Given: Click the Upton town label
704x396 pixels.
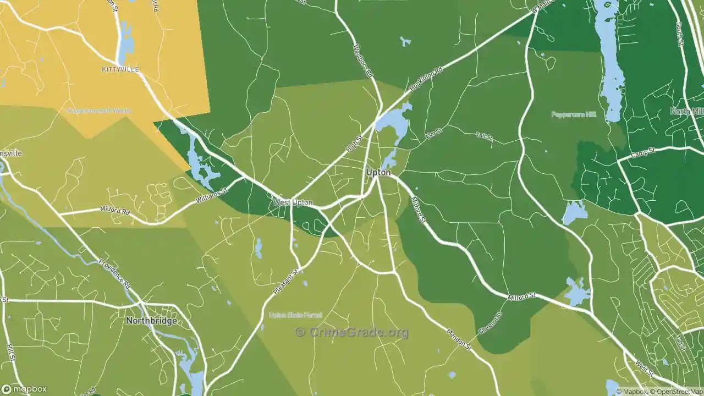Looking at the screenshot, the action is [378, 173].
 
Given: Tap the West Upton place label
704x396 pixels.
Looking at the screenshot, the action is [293, 203].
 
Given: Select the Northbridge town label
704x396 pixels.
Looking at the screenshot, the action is [151, 321].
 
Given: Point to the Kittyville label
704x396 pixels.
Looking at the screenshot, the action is [120, 69].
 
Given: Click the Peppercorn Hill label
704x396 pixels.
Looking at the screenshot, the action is [574, 114].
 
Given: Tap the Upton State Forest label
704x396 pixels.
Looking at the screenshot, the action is [295, 315].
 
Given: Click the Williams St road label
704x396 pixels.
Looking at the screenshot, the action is [211, 196].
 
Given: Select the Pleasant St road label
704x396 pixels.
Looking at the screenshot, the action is [288, 280].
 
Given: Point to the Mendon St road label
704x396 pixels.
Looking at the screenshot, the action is [459, 339].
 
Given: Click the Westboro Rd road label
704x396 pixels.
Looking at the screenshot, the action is [364, 61].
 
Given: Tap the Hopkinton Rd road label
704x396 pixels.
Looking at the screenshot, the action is [426, 80].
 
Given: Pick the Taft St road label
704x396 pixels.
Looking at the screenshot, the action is [484, 136].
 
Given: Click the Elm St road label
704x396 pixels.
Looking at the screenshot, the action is [434, 133].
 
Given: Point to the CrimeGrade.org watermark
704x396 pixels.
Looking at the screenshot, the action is [352, 332].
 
